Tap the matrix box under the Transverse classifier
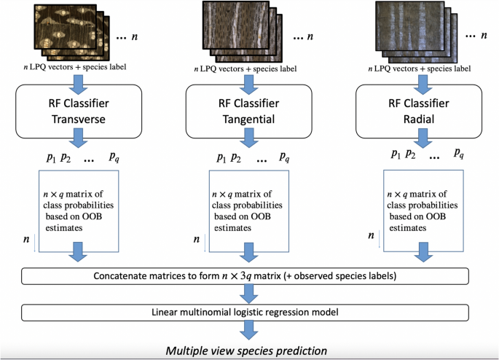pyautogui.click(x=79, y=211)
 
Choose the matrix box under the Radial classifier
pyautogui.click(x=423, y=211)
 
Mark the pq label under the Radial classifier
pyautogui.click(x=458, y=154)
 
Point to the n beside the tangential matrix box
pyautogui.click(x=195, y=238)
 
